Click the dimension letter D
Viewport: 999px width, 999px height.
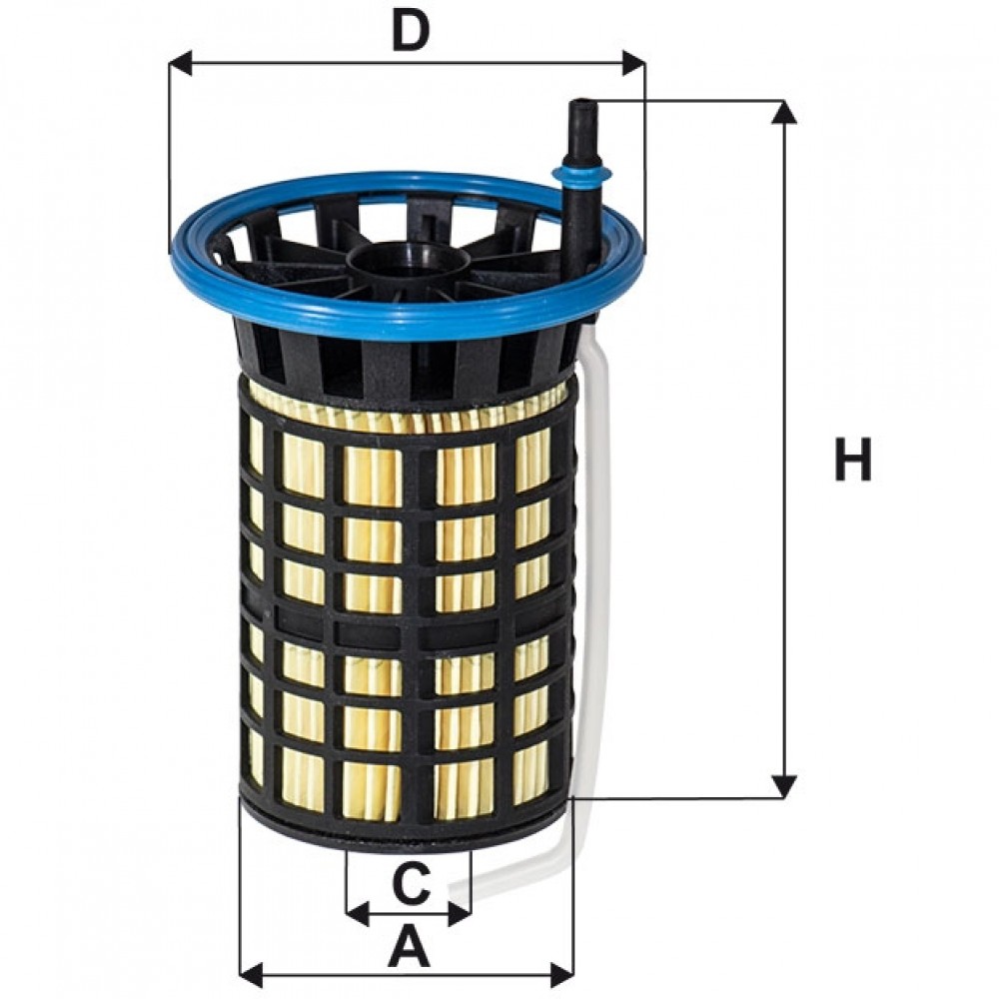[411, 31]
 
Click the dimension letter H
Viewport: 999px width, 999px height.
[852, 459]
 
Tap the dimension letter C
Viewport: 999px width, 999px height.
[411, 882]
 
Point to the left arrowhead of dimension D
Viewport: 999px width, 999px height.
[182, 64]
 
